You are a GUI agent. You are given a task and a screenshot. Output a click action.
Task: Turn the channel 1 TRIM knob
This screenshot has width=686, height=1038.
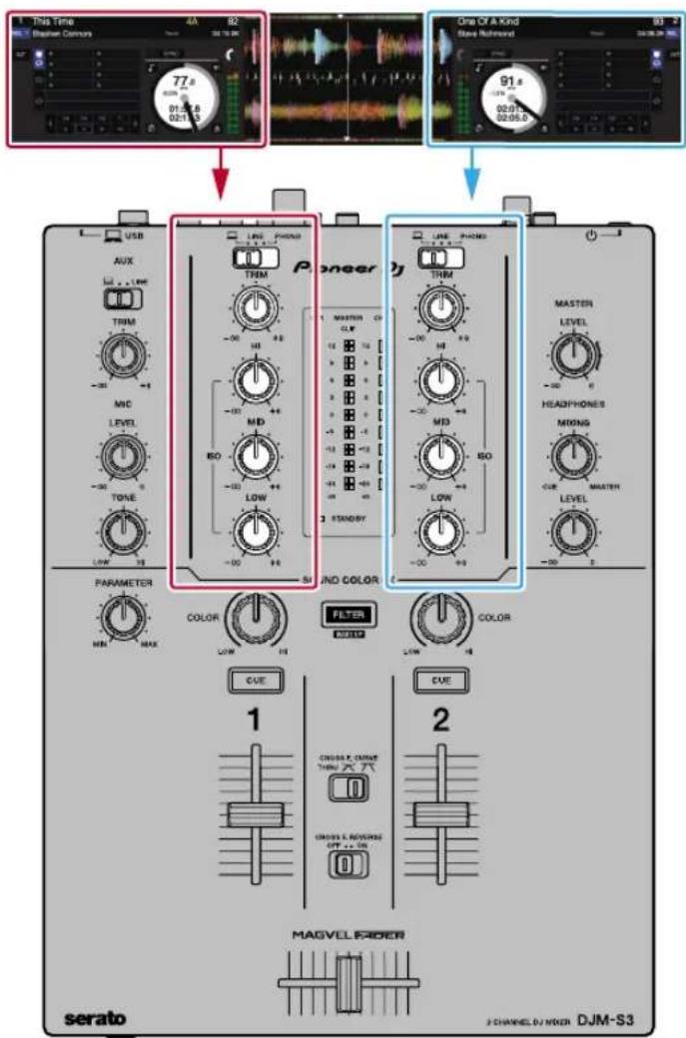click(256, 310)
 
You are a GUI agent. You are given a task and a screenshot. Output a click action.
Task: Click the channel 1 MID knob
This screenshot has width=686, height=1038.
click(256, 454)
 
